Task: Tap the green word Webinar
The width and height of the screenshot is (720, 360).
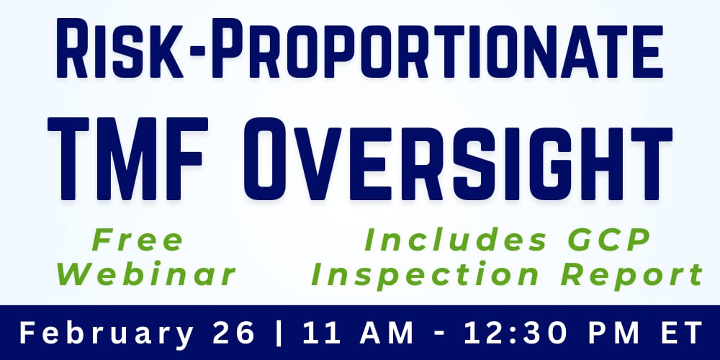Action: [148, 274]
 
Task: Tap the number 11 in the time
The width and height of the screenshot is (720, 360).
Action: [318, 333]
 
